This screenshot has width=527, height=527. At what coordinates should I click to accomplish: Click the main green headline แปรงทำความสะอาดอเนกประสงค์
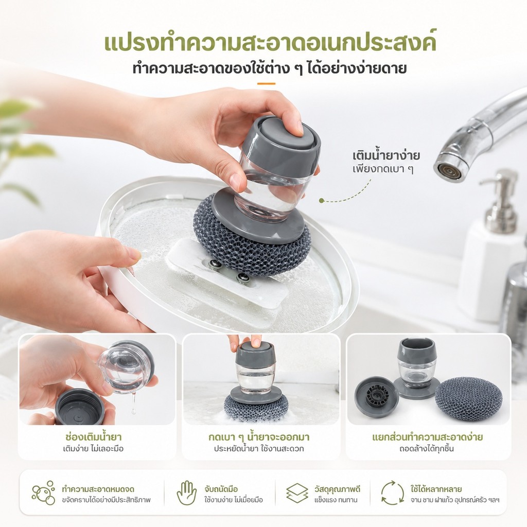coord(270,42)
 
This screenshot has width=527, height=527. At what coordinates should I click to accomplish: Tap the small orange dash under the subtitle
coord(266,84)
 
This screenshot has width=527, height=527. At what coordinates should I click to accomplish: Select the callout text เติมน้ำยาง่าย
coord(386,155)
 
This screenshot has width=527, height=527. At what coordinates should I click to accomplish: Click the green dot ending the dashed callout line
coord(321,201)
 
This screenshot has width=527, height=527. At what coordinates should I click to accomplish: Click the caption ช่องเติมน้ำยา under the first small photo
coord(94,437)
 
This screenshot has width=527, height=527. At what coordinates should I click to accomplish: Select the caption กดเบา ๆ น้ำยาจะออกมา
coord(259,437)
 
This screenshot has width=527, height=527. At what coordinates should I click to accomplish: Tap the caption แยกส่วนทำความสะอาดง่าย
coord(427,437)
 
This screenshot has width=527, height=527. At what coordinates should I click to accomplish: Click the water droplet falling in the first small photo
coord(134,411)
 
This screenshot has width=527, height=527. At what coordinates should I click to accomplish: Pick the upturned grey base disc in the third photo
coord(376,397)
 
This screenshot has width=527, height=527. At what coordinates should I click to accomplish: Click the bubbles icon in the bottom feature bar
coord(44,493)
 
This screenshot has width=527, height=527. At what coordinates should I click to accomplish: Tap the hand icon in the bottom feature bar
coord(186,493)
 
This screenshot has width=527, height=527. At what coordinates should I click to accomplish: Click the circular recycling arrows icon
coord(392,493)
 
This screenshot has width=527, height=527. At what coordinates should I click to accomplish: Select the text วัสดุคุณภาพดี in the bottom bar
coord(337,489)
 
